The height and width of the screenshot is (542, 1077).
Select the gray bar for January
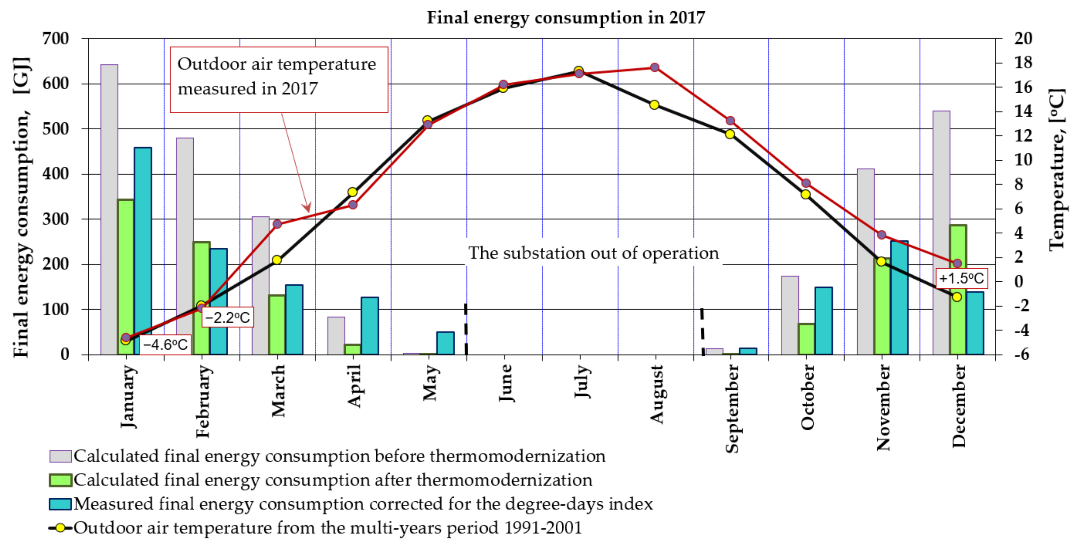(109, 209)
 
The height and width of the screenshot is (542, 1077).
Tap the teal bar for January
(143, 251)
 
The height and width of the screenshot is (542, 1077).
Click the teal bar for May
(445, 343)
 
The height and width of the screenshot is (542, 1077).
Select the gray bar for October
(790, 316)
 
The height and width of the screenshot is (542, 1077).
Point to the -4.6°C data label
(165, 345)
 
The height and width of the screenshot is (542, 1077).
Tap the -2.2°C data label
(228, 317)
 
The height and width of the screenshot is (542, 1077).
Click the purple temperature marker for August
(655, 67)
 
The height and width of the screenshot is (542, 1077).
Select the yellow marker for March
(277, 260)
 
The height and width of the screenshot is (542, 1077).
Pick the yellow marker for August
(654, 105)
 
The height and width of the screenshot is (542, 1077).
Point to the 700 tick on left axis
(56, 39)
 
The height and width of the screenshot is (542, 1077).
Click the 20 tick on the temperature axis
(1023, 39)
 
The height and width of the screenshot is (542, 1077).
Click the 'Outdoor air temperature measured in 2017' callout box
(279, 80)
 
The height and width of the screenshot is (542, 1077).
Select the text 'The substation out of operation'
(593, 253)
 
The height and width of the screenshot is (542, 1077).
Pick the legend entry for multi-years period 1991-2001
(316, 528)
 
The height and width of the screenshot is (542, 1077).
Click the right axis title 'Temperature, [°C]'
(1057, 169)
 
